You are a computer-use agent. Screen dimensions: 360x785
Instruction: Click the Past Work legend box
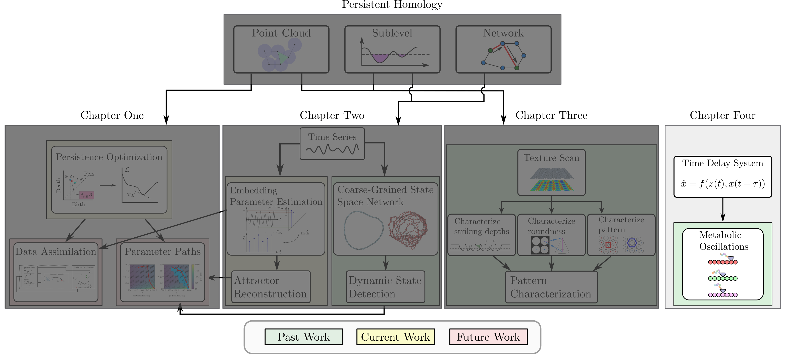(x=303, y=337)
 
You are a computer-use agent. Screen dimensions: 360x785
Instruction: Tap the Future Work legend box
(x=488, y=337)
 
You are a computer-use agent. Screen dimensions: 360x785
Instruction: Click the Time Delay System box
(x=722, y=177)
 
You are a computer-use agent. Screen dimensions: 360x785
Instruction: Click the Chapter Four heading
(x=722, y=115)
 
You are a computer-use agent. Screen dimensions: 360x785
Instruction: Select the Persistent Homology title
(x=392, y=5)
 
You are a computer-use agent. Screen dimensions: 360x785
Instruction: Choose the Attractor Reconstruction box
(x=271, y=287)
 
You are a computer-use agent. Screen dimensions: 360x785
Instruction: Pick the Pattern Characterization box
(x=551, y=287)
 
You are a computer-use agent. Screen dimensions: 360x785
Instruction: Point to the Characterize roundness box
(x=551, y=235)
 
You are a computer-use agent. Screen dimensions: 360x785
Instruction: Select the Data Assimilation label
(x=56, y=251)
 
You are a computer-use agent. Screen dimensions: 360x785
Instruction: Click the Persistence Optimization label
(x=109, y=157)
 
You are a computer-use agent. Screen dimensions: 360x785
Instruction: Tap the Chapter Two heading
(x=332, y=115)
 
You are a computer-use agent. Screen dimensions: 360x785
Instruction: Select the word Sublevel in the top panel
(x=392, y=33)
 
